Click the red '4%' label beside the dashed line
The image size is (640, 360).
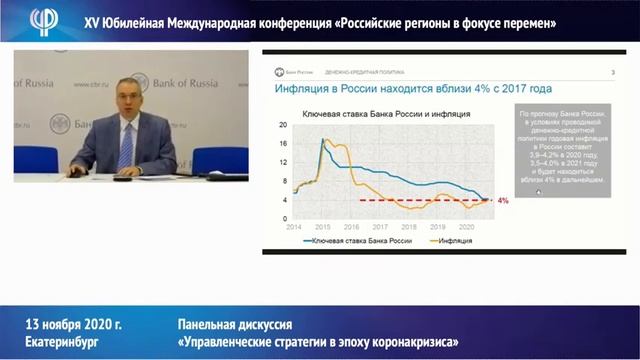point(503,201)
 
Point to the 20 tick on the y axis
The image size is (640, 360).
point(284,125)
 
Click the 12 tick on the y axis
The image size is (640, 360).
point(284,162)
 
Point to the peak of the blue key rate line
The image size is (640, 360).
point(325,139)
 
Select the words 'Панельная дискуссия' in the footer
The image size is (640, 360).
point(235,325)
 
